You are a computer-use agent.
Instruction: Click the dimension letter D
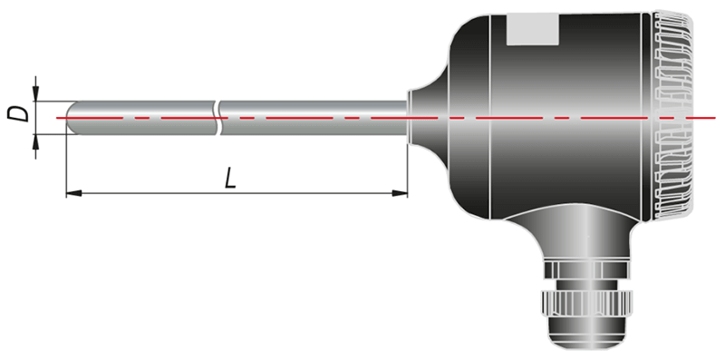pos(17,113)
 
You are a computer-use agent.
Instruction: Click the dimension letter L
pos(231,178)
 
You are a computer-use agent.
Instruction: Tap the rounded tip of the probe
pos(72,118)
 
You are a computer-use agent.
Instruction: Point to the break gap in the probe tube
pos(217,118)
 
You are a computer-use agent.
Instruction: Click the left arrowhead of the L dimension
pos(74,193)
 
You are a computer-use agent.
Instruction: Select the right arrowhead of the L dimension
pos(400,193)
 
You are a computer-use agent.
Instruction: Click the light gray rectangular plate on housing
pos(533,31)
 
